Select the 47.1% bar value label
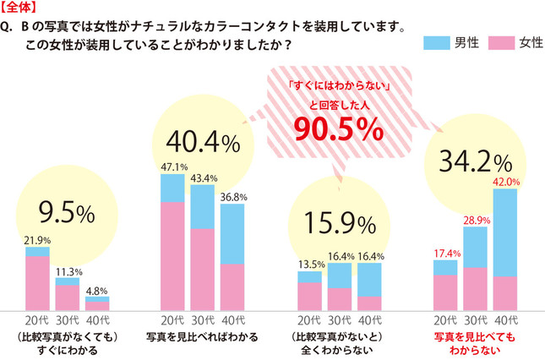pos(172,167)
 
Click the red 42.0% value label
pos(504,182)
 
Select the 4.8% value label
pos(97,290)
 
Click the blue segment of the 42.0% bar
pos(504,232)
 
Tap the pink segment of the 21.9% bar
pos(37,283)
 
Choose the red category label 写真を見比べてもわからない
pos(474,341)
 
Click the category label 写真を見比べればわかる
pos(203,335)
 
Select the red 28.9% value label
pos(475,221)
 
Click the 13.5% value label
pos(310,264)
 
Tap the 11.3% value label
pos(68,272)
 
